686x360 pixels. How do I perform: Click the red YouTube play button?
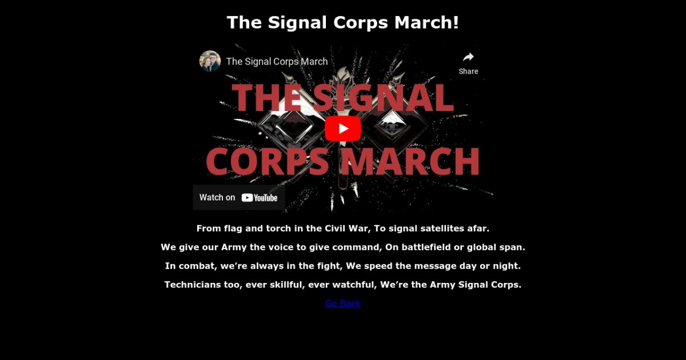tap(343, 129)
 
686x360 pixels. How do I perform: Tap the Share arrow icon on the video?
tap(468, 57)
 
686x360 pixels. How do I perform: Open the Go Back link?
tap(343, 303)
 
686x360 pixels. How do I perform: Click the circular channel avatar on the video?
tap(210, 61)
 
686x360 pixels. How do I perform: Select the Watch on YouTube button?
tap(239, 198)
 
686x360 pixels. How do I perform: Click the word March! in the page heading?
tap(426, 22)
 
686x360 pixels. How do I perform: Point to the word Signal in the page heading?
tap(297, 23)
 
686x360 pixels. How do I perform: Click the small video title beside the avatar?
tap(277, 62)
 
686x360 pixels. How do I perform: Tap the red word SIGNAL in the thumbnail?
tap(383, 98)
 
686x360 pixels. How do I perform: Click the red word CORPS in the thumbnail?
tap(268, 161)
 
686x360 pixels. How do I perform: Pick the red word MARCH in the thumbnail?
tap(410, 161)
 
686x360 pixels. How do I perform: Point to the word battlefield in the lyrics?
tap(426, 247)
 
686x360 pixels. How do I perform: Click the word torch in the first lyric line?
tap(278, 229)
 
